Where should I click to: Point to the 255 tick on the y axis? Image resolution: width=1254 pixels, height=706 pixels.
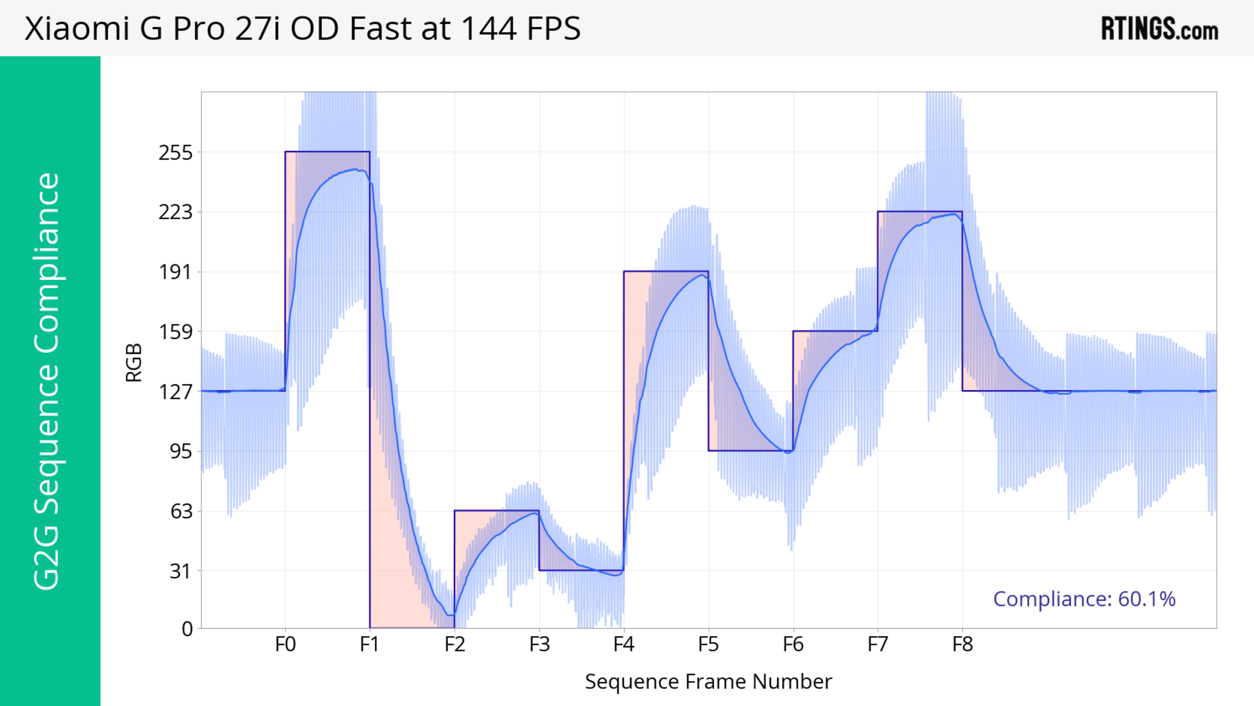[176, 153]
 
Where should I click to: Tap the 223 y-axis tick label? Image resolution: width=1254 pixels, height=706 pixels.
[176, 212]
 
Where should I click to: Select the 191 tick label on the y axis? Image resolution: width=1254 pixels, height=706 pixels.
[176, 272]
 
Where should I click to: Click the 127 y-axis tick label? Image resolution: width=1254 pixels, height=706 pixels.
[176, 391]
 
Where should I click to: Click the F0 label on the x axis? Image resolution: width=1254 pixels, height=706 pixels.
[285, 645]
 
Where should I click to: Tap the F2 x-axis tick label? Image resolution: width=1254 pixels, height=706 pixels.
[455, 645]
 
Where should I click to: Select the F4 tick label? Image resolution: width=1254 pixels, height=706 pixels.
[624, 645]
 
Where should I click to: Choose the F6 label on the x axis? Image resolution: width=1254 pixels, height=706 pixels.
[793, 645]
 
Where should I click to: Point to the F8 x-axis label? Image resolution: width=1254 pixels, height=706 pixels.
[962, 645]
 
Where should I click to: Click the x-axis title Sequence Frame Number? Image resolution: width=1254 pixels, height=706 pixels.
[708, 681]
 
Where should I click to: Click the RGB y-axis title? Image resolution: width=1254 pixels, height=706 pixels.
[134, 363]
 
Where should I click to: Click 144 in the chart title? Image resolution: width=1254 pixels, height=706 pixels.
[488, 28]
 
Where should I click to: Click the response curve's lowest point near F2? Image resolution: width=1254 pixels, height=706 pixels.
[450, 615]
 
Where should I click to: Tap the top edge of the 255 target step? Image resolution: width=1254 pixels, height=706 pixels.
[327, 152]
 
